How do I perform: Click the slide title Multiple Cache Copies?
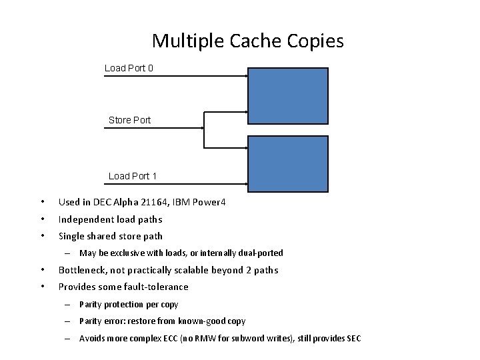[247, 41]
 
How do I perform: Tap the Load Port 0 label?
[129, 68]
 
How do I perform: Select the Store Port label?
[129, 120]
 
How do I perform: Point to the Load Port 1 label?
[133, 176]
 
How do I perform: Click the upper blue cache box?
[288, 96]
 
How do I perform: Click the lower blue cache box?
[288, 163]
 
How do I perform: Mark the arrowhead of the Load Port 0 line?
[245, 76]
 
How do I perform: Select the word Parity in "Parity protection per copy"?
[90, 304]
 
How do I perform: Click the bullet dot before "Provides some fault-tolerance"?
[41, 287]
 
